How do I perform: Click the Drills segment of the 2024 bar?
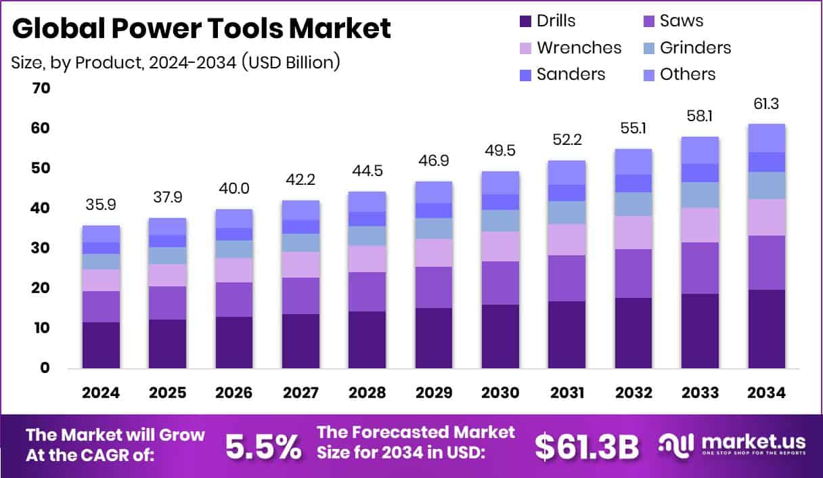[101, 345]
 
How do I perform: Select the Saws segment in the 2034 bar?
[766, 263]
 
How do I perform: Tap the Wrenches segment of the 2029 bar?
[433, 253]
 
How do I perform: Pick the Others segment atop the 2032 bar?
[633, 162]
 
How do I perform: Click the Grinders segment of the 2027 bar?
[301, 243]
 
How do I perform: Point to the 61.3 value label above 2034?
[766, 104]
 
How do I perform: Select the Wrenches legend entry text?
[579, 47]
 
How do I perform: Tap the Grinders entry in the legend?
[695, 47]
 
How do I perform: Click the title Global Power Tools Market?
[202, 28]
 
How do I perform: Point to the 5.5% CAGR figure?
[263, 446]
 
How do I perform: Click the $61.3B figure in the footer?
[586, 446]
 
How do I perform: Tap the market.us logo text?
[753, 441]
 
